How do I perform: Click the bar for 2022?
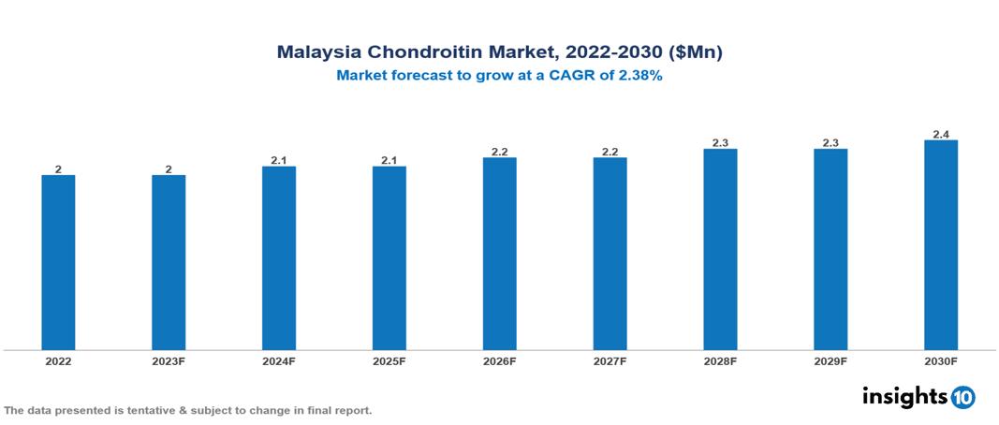(x=58, y=262)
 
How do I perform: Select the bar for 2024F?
(x=279, y=258)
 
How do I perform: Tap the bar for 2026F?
(x=500, y=254)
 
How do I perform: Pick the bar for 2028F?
(x=720, y=249)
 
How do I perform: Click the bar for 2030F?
(x=941, y=245)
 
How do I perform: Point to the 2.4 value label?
(x=941, y=134)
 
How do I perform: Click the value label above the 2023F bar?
(x=169, y=169)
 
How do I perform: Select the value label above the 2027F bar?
(x=610, y=152)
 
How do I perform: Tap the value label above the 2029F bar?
(x=830, y=143)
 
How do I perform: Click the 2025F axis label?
(x=389, y=361)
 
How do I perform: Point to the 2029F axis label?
(x=830, y=361)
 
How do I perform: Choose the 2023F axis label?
(x=169, y=361)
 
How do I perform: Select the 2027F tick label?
(x=610, y=361)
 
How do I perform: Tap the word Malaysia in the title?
(x=316, y=53)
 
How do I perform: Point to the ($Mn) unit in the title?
(x=696, y=53)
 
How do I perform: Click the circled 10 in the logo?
(x=962, y=397)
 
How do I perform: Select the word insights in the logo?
(x=904, y=396)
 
